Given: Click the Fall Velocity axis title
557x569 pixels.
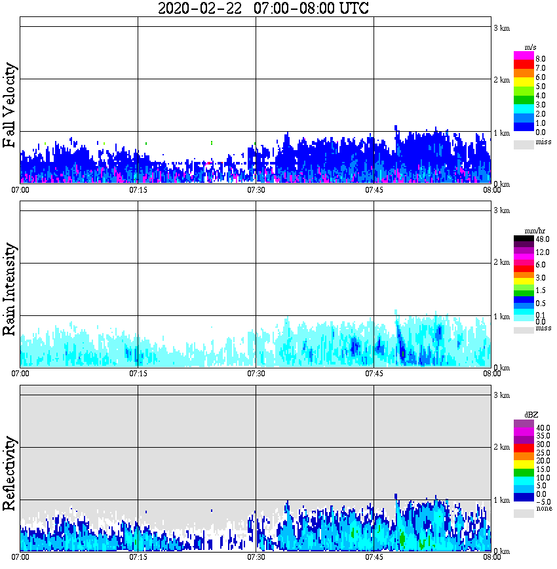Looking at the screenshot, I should click(10, 106).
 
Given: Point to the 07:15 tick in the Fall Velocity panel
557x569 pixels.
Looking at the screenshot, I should click(138, 190).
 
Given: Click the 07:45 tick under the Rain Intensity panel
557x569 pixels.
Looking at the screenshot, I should click(374, 374).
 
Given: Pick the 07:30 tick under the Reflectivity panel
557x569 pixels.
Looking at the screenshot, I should click(256, 557).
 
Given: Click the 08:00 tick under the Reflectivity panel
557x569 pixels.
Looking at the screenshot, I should click(491, 557).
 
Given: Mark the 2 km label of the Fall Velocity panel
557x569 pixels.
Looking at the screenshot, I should click(501, 80).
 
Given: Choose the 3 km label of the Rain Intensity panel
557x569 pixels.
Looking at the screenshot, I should click(501, 210).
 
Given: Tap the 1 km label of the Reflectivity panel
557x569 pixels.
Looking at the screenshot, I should click(501, 500).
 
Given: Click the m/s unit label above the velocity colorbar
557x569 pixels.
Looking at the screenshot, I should click(531, 47).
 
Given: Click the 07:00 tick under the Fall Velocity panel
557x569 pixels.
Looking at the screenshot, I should click(20, 190).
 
